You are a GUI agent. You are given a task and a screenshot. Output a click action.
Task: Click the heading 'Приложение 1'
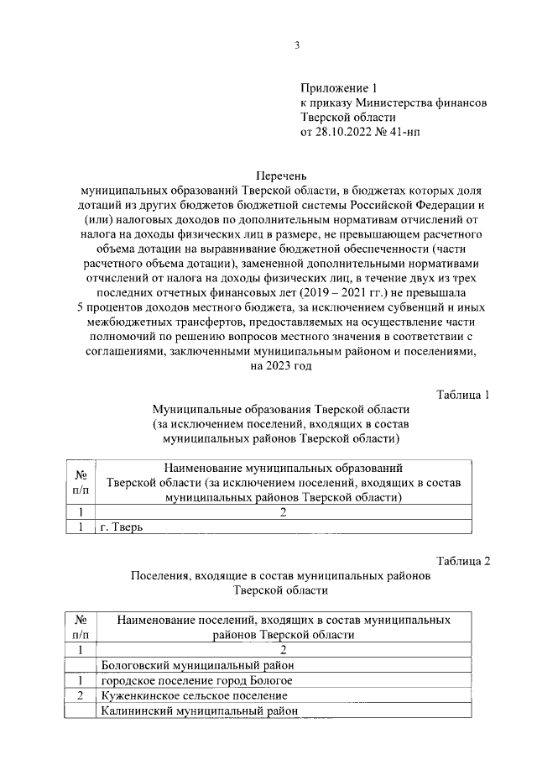pos(340,86)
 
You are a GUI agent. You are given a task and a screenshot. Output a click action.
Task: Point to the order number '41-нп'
pos(402,132)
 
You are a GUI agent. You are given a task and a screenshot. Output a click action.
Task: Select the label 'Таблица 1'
pos(462,394)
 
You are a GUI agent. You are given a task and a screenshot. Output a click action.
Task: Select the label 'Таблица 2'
pos(462,559)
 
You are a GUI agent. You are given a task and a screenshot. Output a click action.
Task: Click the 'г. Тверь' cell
pos(123,527)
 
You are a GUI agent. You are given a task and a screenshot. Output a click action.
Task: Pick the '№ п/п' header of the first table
pos(81,481)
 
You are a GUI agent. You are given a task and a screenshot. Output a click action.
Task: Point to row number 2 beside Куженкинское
pos(81,695)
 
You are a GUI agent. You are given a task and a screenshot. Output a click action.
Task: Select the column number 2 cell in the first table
pos(284,511)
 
